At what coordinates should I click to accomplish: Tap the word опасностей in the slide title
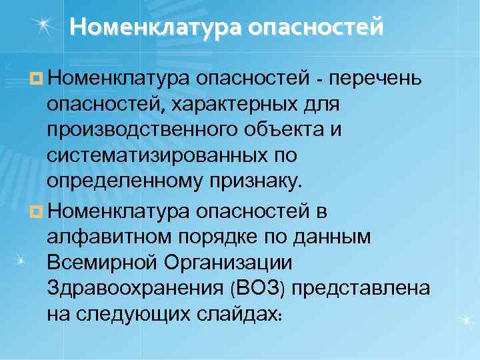[316, 27]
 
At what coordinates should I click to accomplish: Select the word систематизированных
[157, 155]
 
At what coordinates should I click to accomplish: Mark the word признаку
[256, 180]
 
